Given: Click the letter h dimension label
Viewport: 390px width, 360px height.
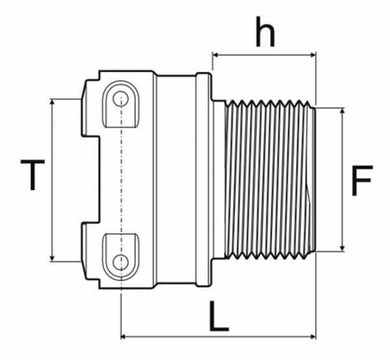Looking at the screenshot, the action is [265, 32].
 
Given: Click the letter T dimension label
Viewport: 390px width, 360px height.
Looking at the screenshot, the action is [32, 175].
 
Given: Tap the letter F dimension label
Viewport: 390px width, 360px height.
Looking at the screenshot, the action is [361, 180].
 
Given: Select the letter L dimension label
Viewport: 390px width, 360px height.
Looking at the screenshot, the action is [219, 316].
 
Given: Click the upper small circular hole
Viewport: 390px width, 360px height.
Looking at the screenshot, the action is [121, 99].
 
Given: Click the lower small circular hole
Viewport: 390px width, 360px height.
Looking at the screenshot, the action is [121, 262].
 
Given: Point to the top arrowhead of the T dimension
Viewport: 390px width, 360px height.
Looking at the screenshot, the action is [52, 102].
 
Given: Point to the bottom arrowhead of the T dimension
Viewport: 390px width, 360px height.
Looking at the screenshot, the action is [52, 258].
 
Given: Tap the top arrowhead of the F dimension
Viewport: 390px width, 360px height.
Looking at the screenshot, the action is [342, 111].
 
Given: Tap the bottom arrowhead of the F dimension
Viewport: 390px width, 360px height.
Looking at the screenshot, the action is [342, 247].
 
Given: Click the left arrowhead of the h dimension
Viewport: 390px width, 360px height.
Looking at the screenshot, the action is [216, 55].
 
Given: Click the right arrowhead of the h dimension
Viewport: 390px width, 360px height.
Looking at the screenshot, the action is [313, 55].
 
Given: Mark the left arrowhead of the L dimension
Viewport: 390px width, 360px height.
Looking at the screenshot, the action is [124, 337].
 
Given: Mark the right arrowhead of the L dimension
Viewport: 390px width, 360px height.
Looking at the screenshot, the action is [313, 337].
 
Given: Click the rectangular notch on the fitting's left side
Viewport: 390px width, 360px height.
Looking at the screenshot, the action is [91, 180].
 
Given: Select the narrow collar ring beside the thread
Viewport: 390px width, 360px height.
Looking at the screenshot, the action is [204, 179].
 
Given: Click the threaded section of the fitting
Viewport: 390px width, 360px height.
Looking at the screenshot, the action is [269, 179].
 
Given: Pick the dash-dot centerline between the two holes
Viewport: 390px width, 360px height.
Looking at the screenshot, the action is [121, 180].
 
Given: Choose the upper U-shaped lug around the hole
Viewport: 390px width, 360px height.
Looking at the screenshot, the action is [122, 104].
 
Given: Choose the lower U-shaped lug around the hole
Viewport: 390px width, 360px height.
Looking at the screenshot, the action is [122, 257].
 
